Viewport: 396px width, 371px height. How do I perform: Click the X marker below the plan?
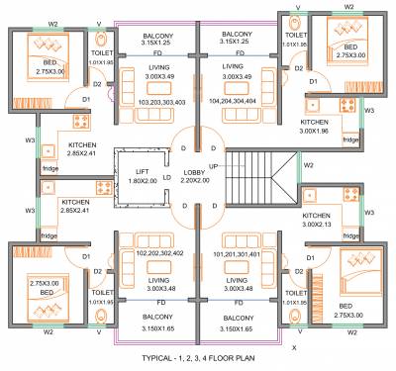[x=296, y=347]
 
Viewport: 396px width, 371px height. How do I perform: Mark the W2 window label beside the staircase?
[x=309, y=164]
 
